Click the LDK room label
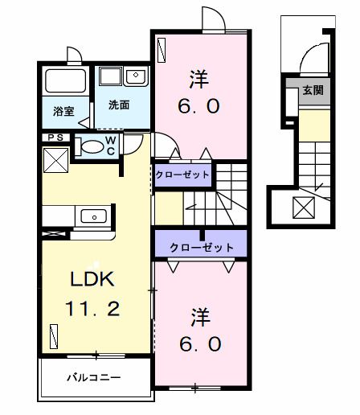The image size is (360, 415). (x=95, y=280)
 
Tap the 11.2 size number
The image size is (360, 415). (x=95, y=308)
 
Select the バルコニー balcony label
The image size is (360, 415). (x=93, y=376)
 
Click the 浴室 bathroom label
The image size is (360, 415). (x=63, y=112)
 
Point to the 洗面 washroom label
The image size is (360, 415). (x=119, y=105)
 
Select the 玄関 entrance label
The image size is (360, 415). (x=313, y=90)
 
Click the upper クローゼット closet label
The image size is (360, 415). (x=182, y=175)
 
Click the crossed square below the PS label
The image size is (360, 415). (x=55, y=160)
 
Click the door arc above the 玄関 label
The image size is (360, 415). (x=311, y=63)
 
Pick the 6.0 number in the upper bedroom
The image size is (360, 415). (x=198, y=105)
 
